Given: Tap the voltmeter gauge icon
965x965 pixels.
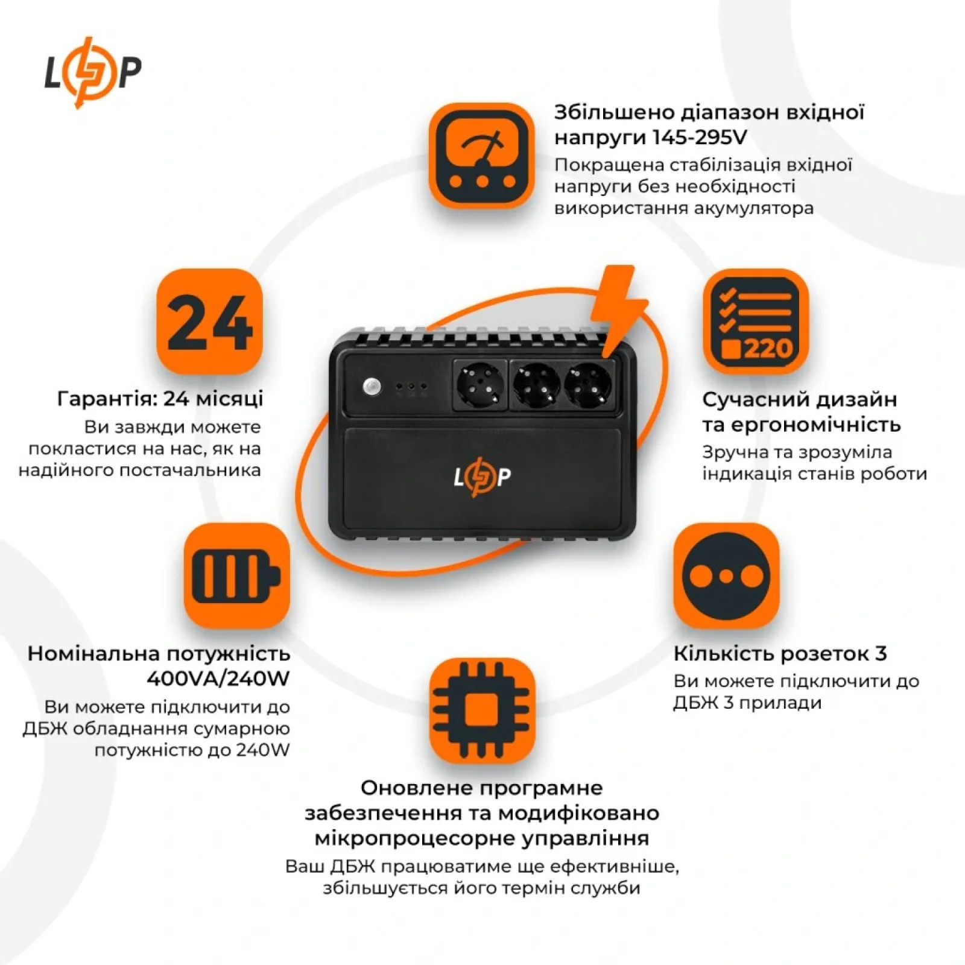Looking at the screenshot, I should (x=481, y=156).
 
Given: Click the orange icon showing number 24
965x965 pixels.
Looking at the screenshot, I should (x=209, y=321).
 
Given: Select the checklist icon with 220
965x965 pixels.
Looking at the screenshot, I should (x=756, y=321).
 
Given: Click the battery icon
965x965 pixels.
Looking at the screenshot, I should (x=236, y=576).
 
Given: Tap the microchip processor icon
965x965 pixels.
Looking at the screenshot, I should (x=481, y=710).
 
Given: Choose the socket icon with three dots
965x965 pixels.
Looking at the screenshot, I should (x=726, y=576).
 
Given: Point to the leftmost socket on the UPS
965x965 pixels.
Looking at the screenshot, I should (x=480, y=386).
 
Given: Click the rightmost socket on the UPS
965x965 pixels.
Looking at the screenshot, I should (x=587, y=386).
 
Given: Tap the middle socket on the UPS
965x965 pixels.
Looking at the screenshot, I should (x=535, y=386).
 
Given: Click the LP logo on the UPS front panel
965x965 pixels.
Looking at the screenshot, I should (x=482, y=477).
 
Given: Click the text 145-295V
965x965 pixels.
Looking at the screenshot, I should (x=700, y=138).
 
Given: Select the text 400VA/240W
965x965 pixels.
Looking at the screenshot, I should (x=218, y=679).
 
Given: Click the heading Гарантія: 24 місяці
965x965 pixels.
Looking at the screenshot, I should (x=160, y=399).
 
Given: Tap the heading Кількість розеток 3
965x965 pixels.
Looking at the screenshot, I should (x=780, y=653).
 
